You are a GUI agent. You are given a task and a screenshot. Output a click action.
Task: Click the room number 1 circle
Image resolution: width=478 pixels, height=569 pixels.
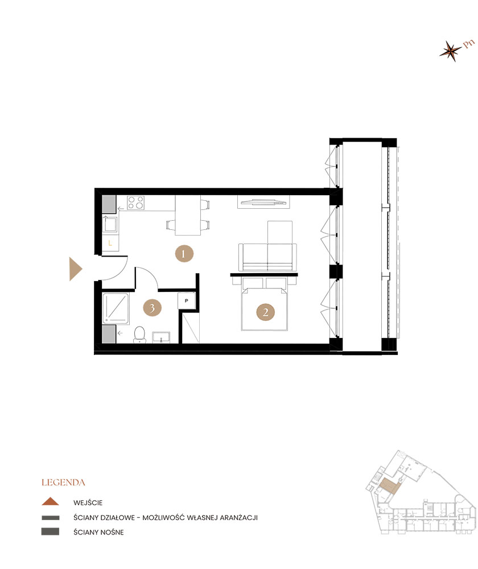tap(184, 253)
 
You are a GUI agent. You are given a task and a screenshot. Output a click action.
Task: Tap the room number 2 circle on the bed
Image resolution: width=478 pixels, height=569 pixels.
tap(265, 312)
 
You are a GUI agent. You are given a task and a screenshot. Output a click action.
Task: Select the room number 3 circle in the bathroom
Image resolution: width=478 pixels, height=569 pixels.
tap(152, 308)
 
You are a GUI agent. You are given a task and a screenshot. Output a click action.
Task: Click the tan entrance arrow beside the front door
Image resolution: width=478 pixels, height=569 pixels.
tap(76, 269)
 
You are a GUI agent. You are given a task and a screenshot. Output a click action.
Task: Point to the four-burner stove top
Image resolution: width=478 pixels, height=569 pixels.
tap(136, 203)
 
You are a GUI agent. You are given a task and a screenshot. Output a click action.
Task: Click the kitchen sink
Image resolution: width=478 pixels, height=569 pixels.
tap(110, 225)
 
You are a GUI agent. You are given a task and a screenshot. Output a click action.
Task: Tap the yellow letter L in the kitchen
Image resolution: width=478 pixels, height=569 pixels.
tap(110, 243)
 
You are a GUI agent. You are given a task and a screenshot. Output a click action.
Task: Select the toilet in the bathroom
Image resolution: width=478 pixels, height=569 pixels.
tap(139, 335)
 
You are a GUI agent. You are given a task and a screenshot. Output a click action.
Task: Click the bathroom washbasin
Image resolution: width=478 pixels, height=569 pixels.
tap(161, 337)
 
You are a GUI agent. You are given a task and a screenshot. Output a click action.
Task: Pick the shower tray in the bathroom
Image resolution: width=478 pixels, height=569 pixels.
tap(116, 308)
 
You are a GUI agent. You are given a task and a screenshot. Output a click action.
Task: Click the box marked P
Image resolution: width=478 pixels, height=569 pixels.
tap(187, 301)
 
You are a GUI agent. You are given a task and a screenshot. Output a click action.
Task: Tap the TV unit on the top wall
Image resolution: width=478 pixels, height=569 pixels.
tap(264, 202)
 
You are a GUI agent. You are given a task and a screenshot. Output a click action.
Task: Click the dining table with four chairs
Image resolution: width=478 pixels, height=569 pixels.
tap(188, 215)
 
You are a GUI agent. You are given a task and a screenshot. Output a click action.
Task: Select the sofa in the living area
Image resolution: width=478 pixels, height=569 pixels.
tap(267, 257)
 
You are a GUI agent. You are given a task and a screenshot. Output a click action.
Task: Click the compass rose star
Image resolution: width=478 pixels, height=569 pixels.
tap(451, 51)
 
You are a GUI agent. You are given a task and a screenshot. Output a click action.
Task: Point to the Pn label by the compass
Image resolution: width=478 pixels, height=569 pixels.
tap(468, 44)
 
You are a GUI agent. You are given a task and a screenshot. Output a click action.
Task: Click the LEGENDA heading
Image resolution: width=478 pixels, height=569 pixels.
tap(63, 483)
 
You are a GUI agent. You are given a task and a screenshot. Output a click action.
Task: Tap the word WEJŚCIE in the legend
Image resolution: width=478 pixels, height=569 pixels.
tap(88, 503)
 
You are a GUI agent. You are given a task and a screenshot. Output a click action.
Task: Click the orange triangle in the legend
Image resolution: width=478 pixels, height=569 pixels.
tap(50, 501)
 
